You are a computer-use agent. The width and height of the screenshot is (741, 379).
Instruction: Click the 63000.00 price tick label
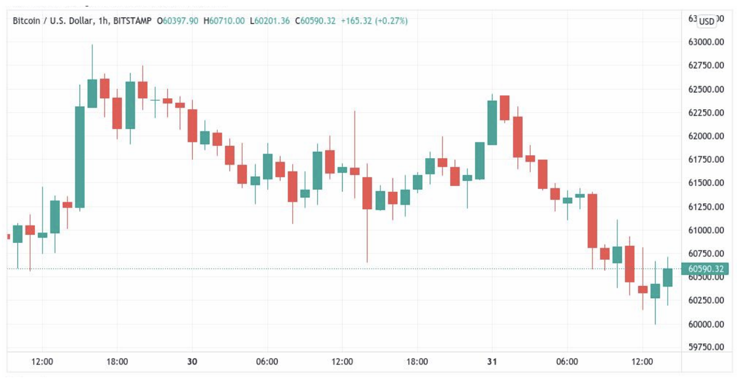705,42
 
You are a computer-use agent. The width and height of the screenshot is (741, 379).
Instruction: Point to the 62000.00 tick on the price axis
705,136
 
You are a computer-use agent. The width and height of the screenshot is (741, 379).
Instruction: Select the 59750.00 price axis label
705,347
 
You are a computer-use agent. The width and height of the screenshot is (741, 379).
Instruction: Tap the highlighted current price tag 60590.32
705,269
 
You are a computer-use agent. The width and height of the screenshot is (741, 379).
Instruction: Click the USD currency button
707,22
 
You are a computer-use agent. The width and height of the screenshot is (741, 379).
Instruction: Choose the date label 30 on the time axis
192,362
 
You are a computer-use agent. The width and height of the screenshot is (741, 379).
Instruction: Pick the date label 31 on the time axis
492,362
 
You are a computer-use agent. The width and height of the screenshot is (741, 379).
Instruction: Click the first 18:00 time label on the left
117,362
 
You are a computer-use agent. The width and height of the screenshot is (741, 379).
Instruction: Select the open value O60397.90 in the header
177,21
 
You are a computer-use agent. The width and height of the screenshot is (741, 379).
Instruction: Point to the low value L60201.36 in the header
269,21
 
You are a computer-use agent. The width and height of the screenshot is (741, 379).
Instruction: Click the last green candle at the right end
667,277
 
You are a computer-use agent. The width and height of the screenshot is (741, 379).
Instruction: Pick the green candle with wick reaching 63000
92,93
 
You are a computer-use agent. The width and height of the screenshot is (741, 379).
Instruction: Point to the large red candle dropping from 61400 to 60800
592,221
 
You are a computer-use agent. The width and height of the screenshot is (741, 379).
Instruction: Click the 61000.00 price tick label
705,230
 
